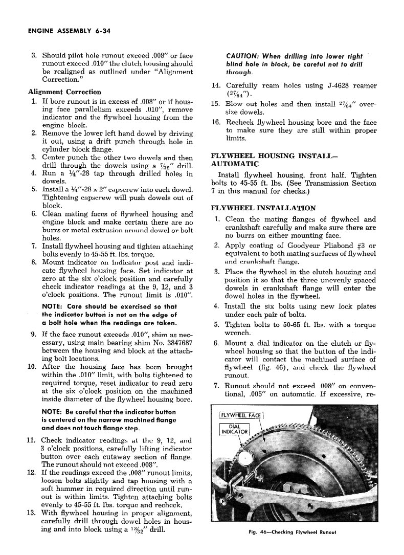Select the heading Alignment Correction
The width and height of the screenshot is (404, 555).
click(64, 92)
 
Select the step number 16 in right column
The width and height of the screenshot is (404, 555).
click(216, 122)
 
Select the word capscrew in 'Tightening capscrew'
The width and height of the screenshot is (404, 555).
click(92, 197)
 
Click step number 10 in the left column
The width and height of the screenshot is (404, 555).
click(31, 366)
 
